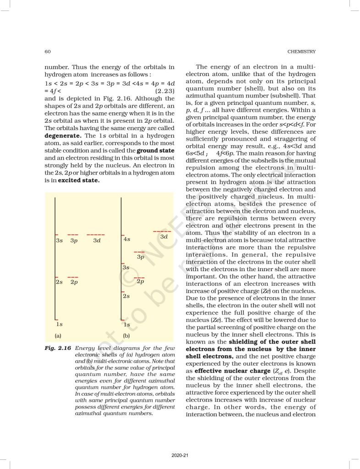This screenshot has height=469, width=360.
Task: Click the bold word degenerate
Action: tap(63, 136)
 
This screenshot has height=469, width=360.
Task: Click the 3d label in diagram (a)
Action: tap(97, 240)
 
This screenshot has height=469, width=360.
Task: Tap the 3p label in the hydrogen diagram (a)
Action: tap(74, 240)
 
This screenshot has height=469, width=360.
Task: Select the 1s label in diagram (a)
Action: tap(59, 325)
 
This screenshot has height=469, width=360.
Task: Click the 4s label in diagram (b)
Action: tap(127, 239)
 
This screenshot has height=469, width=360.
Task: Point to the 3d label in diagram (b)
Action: tap(164, 237)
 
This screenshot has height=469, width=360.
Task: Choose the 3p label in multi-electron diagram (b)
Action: tap(141, 257)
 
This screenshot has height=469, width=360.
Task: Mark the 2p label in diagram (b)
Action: tap(141, 281)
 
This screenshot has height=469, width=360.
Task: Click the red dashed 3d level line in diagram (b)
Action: tap(162, 231)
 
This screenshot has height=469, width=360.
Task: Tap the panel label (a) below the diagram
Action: tap(58, 336)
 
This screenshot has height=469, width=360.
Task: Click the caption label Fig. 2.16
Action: tap(57, 348)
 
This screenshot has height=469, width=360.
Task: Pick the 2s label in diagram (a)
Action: tap(59, 282)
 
